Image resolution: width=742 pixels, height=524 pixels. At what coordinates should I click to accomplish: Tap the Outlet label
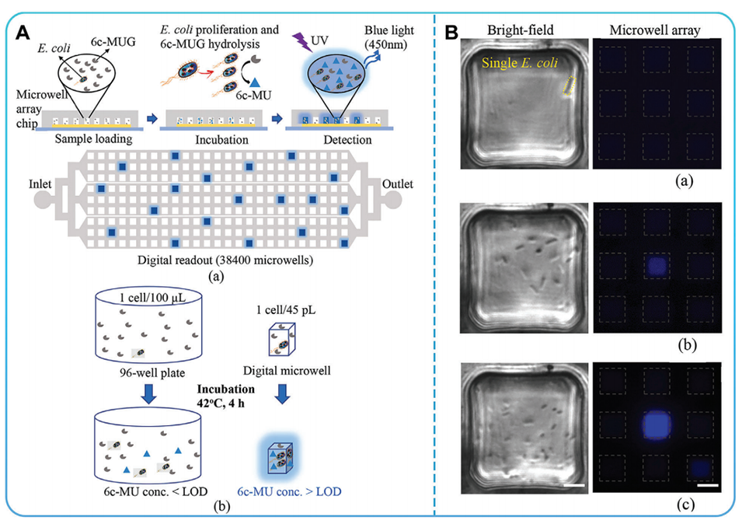coord(397,184)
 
